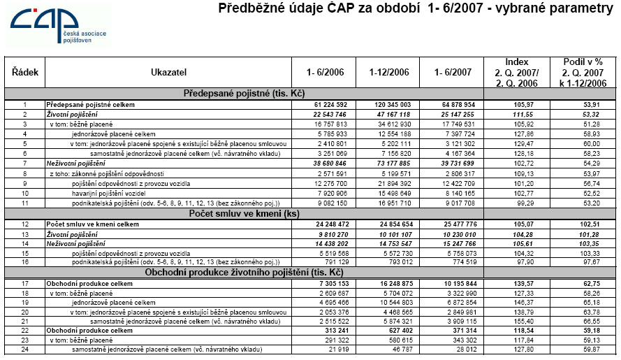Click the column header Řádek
[x=25, y=72]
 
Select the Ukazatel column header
[x=169, y=72]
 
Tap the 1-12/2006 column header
[x=390, y=72]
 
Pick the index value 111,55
[x=518, y=113]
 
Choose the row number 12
[x=24, y=224]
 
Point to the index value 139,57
[x=518, y=284]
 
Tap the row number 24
[x=24, y=350]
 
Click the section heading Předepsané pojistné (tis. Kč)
[x=244, y=93]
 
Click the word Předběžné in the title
[x=252, y=9]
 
